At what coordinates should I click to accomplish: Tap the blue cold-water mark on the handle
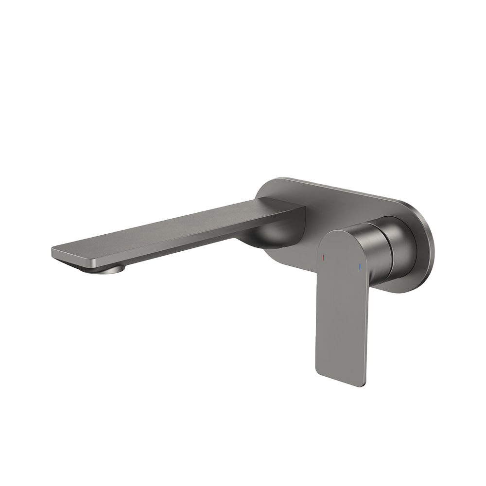click(359, 267)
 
